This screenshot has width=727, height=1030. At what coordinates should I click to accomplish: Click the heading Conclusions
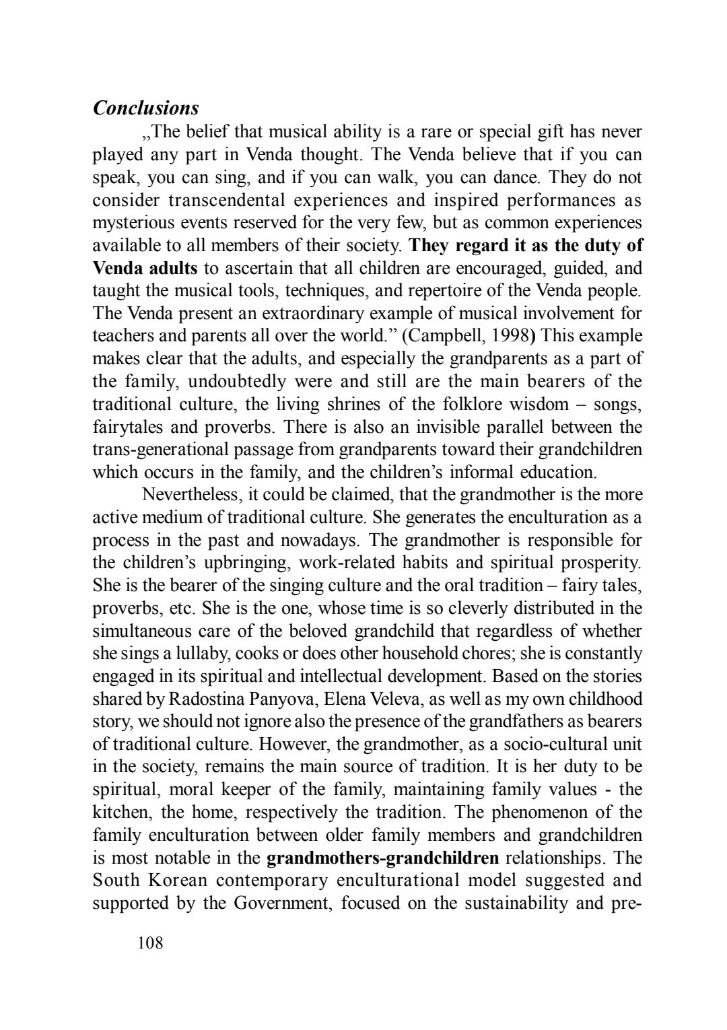pyautogui.click(x=145, y=108)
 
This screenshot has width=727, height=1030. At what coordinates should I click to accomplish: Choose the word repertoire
pyautogui.click(x=465, y=290)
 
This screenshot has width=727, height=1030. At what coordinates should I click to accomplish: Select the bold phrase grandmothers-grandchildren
pyautogui.click(x=383, y=858)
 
